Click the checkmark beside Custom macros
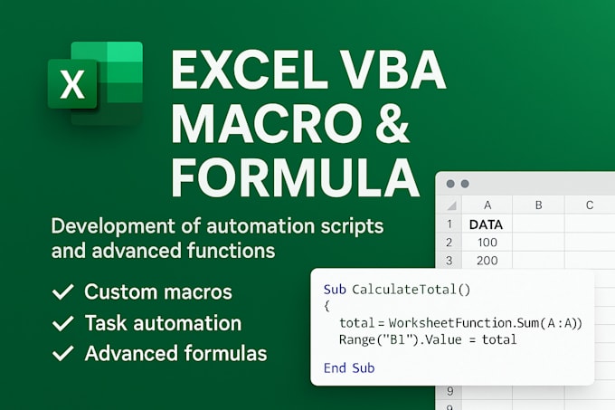[63, 292]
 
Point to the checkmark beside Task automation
[63, 323]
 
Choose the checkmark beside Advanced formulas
[63, 353]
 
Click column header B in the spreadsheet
[537, 205]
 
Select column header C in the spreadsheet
[589, 205]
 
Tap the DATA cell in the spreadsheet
[487, 224]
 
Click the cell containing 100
[487, 243]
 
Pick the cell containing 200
[487, 262]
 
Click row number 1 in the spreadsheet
[449, 224]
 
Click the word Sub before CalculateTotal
[334, 290]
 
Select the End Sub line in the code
[348, 367]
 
